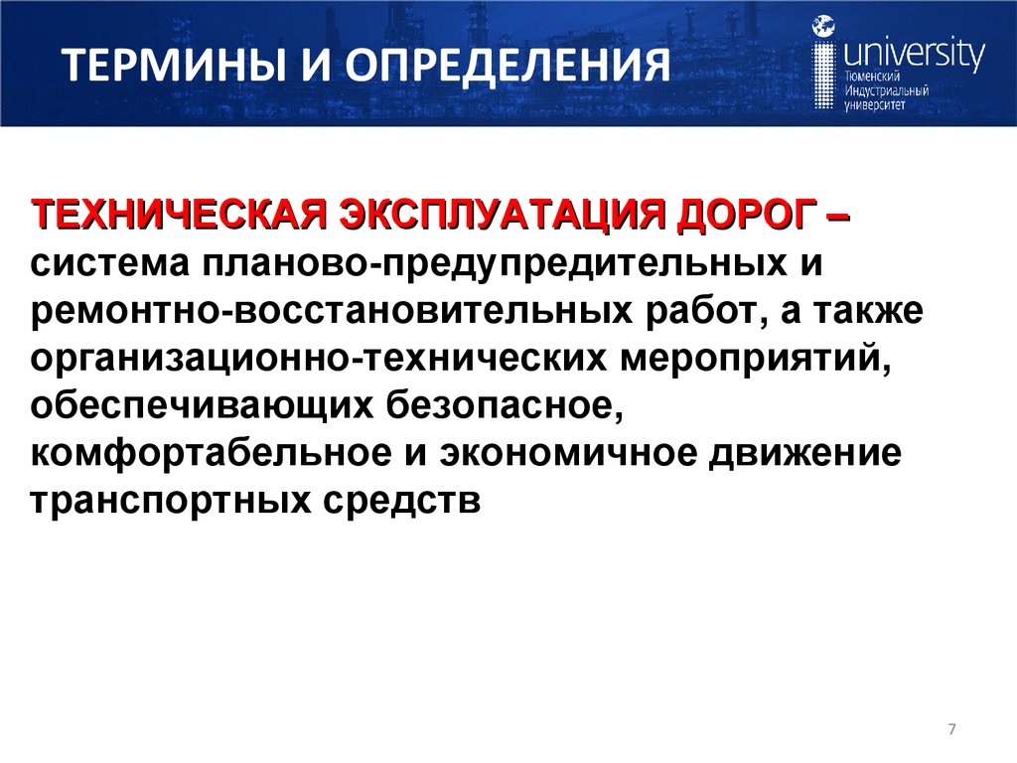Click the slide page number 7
click(x=951, y=731)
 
